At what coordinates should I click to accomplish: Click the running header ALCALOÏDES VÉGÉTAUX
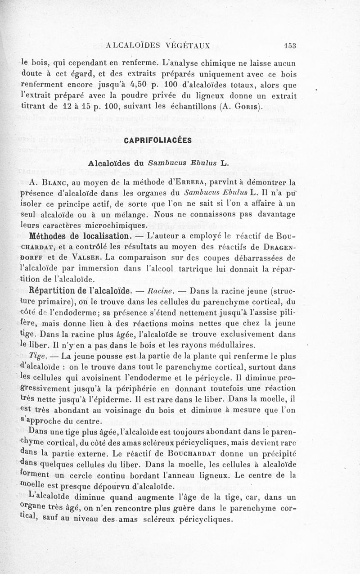[157, 45]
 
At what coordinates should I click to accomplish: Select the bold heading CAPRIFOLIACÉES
[157, 140]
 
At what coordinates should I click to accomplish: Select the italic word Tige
[42, 356]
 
